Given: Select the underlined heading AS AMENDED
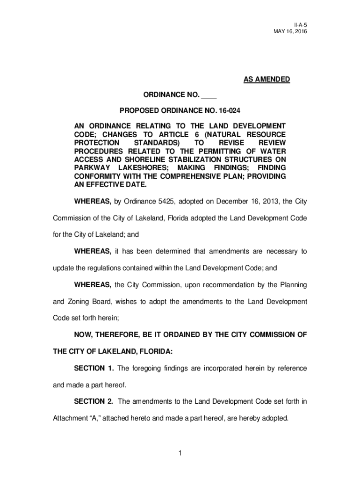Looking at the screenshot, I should (266, 80).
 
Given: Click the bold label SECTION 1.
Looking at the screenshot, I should (94, 368).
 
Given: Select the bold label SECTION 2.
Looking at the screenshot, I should (94, 401).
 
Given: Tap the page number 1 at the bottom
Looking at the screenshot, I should (180, 452).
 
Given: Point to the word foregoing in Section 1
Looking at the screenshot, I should (148, 368).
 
